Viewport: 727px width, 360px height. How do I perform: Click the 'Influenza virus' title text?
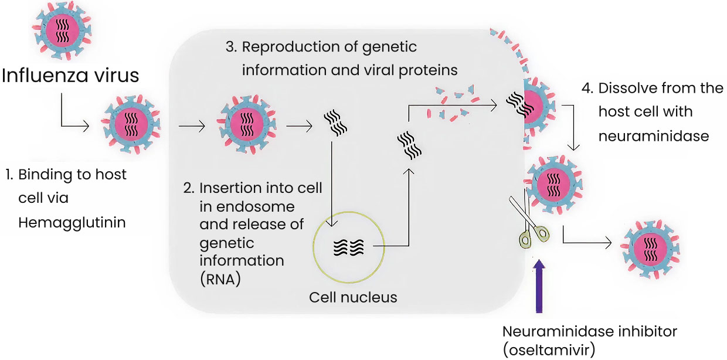click(x=71, y=76)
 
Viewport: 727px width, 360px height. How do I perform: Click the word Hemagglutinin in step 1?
click(x=72, y=223)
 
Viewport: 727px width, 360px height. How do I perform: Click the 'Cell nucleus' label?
click(x=353, y=297)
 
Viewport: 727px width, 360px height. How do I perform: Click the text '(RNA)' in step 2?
click(x=220, y=279)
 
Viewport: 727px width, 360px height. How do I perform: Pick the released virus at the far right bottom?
click(x=650, y=247)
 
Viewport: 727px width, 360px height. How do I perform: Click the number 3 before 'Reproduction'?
click(x=230, y=47)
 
